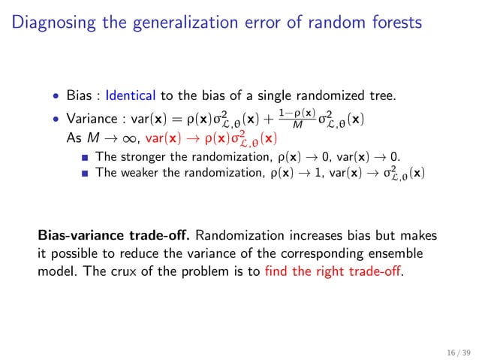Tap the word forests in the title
tap(394, 23)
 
